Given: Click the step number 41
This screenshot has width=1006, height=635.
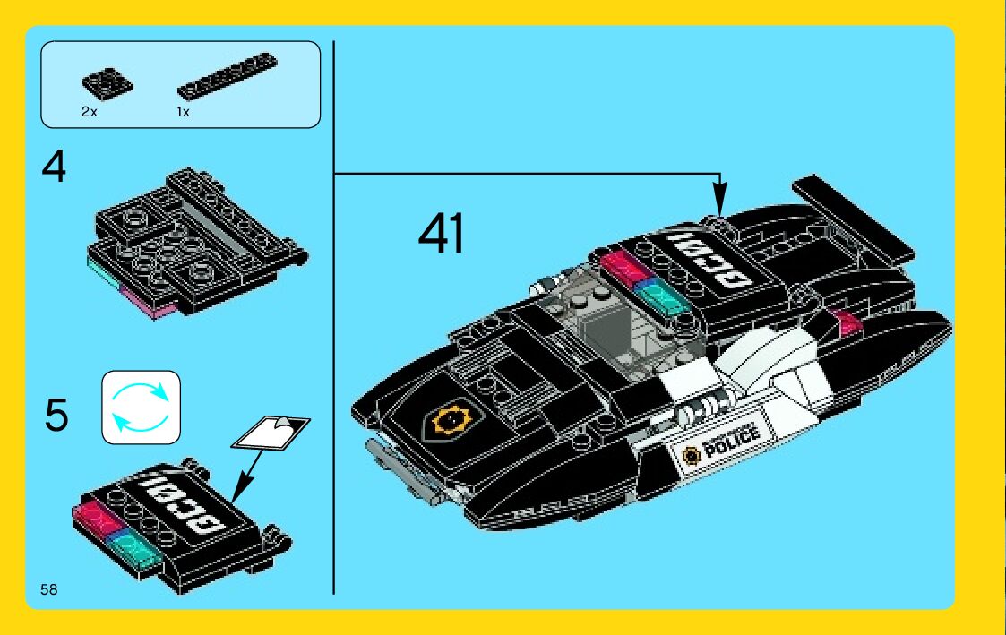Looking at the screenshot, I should coord(441,236).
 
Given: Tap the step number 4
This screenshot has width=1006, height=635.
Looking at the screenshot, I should coord(55,167).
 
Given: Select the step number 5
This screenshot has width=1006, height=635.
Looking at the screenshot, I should coord(56,416).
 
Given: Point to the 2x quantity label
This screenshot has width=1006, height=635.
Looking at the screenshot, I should coord(89,113).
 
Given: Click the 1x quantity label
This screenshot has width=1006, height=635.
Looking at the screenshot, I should coord(183,113).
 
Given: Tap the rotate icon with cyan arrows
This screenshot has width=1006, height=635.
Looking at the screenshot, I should coord(141,408).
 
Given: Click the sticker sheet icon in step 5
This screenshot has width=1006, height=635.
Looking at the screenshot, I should coord(271,432).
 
